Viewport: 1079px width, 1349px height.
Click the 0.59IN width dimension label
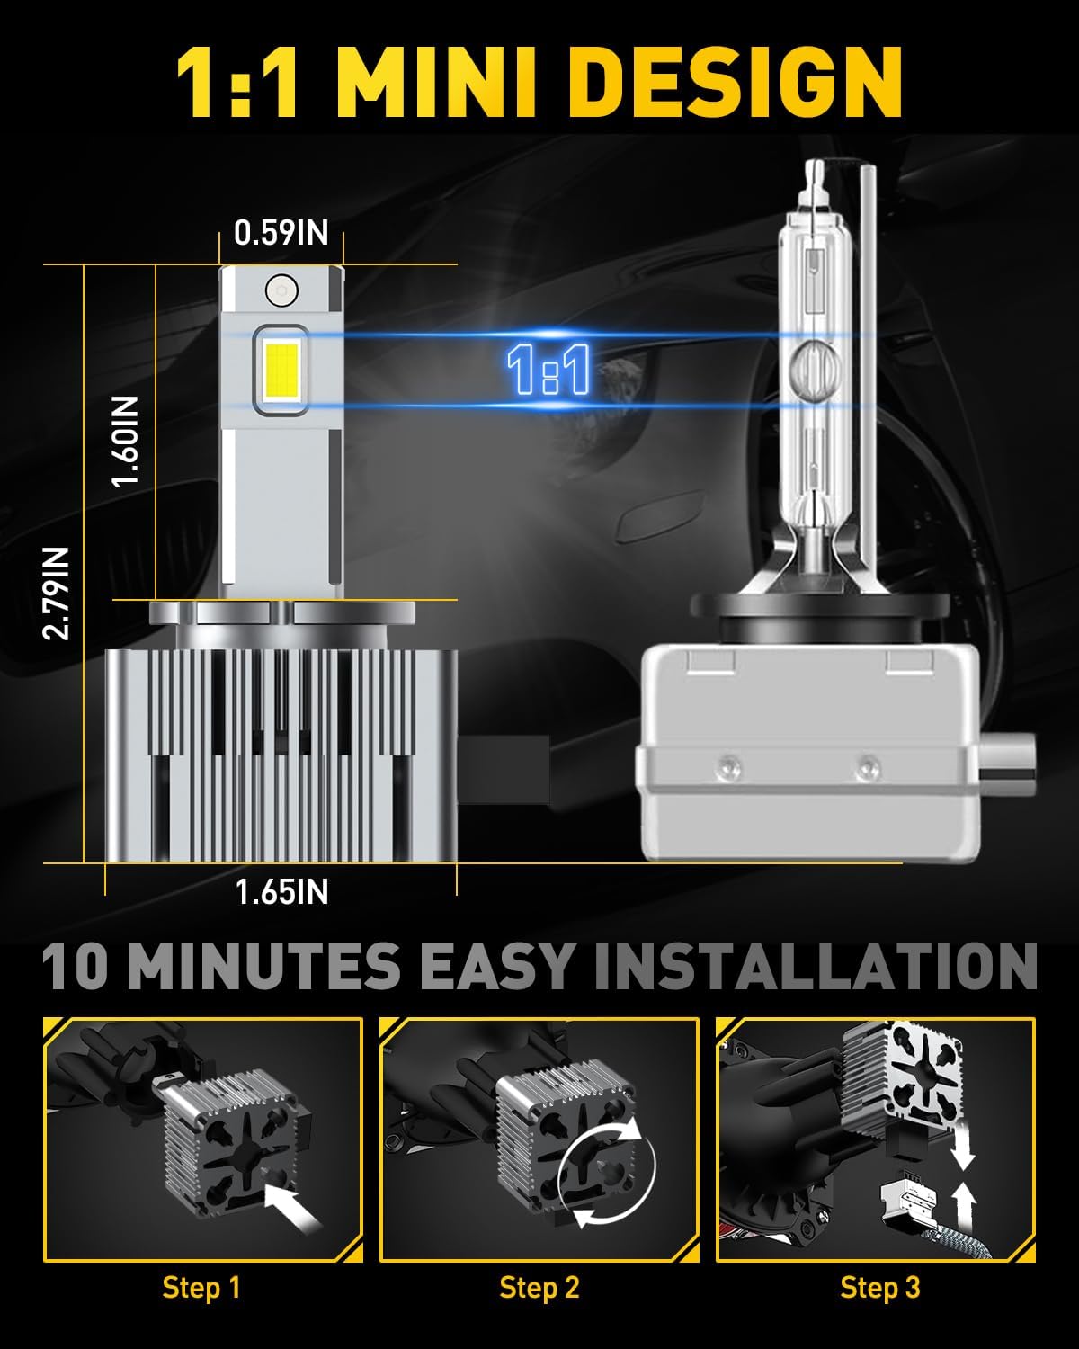click(x=281, y=233)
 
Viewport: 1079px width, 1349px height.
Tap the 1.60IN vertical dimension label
click(x=127, y=442)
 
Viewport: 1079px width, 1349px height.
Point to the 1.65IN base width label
click(x=281, y=892)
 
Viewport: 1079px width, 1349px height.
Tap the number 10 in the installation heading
click(x=80, y=967)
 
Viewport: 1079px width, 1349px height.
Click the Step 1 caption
click(x=201, y=1288)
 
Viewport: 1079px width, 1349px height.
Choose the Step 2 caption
click(x=539, y=1288)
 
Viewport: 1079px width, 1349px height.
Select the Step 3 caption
click(x=879, y=1288)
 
